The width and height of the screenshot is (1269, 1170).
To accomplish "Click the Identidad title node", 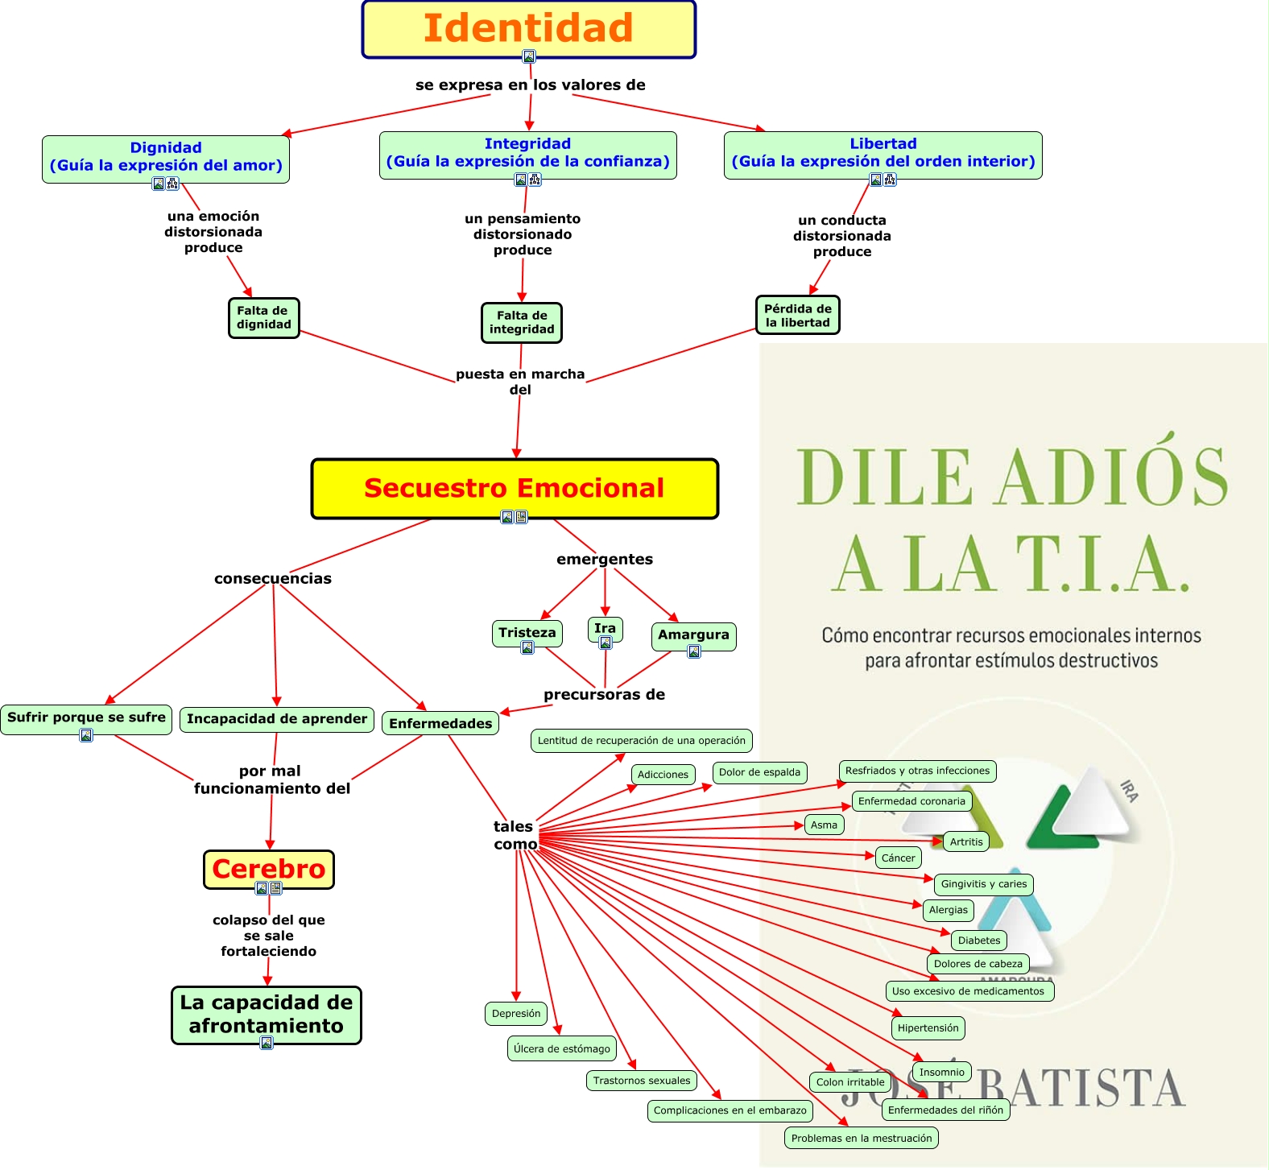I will click(528, 29).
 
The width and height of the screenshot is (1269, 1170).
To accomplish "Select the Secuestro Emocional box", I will click(515, 488).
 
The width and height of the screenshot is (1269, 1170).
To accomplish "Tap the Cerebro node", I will click(269, 869).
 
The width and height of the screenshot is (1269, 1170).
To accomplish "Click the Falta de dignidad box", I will click(264, 317).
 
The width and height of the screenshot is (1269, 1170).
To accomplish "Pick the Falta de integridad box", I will click(522, 322).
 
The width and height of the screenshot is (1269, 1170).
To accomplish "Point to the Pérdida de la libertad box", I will click(797, 315).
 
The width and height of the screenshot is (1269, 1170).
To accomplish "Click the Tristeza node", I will click(527, 632).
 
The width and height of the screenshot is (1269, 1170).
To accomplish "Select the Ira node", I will click(605, 628).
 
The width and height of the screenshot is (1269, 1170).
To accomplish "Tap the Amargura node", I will click(693, 635).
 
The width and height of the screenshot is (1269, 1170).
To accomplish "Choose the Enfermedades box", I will click(440, 723).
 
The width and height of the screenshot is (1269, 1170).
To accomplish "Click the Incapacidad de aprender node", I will click(277, 718).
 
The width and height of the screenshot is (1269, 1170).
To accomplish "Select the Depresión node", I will click(516, 1013).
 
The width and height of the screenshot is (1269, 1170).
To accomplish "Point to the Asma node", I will click(824, 825).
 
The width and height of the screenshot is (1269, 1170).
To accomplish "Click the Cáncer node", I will click(898, 858).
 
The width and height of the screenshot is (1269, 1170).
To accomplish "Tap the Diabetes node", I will click(979, 940).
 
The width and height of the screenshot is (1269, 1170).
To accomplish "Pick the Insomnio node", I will click(941, 1072).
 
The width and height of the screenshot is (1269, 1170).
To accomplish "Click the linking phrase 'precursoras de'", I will click(604, 694).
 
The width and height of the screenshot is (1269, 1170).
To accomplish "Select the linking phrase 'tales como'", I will click(515, 835).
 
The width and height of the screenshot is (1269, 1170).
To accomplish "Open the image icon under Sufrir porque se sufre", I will click(86, 735).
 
